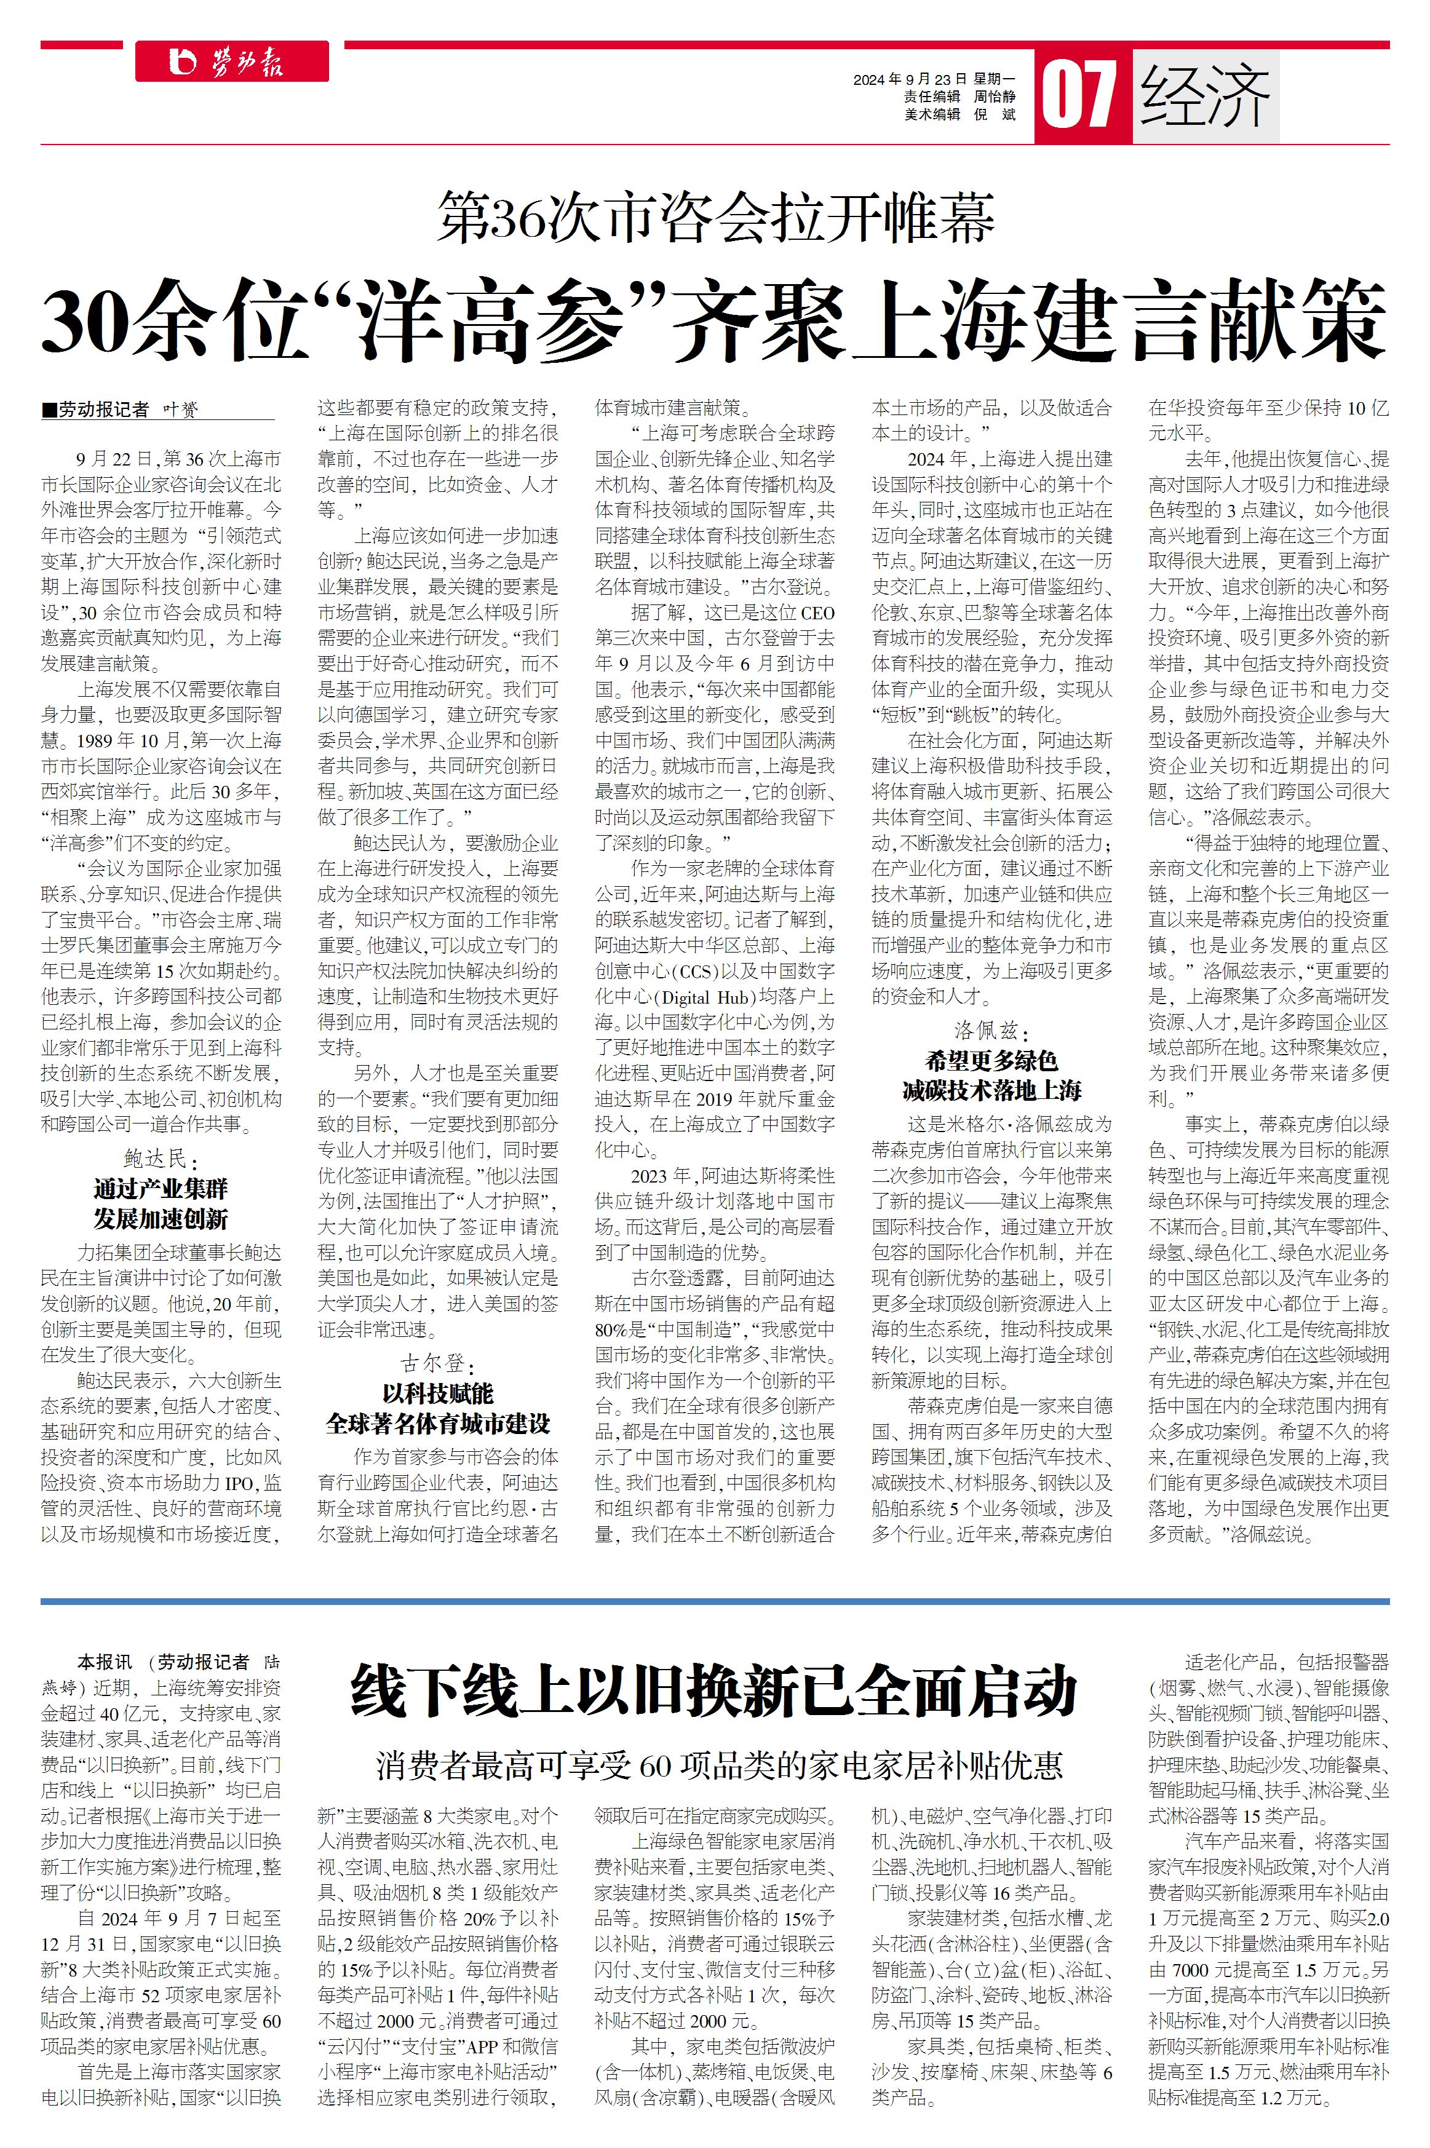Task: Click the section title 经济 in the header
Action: (1205, 96)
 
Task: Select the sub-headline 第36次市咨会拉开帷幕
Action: (715, 218)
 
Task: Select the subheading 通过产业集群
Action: (161, 1189)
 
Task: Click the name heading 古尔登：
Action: (438, 1364)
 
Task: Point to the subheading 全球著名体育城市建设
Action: (438, 1423)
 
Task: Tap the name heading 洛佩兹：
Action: (991, 1031)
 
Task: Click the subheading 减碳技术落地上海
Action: (991, 1090)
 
